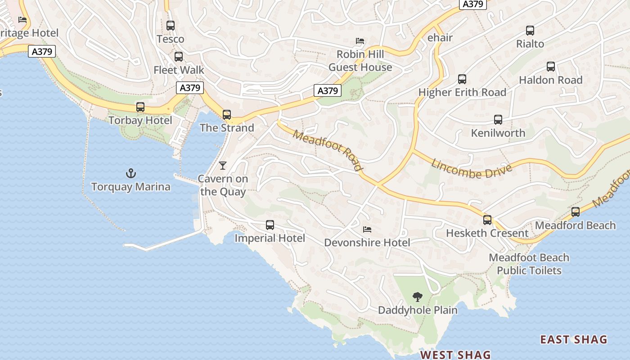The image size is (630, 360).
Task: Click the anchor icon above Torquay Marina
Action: pos(130,173)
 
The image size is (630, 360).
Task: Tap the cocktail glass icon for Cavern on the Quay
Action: pos(222,166)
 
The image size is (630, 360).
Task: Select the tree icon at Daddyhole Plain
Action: pos(418,297)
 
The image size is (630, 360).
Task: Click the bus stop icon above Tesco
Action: pos(171,26)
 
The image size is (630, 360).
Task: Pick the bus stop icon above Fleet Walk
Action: pos(179,57)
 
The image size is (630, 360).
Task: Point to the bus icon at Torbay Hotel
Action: pos(140,107)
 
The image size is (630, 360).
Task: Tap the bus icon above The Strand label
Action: pos(227,115)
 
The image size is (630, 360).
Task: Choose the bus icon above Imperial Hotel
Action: pos(270,225)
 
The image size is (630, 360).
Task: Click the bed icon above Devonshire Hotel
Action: pos(367,229)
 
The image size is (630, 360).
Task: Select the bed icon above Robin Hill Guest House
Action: pos(360,41)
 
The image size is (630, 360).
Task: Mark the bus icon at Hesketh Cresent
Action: pos(487,220)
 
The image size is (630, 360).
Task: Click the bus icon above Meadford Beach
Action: pos(576,212)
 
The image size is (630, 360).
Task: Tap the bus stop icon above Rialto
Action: pos(530,31)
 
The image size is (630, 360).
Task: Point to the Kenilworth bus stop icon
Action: pos(498,120)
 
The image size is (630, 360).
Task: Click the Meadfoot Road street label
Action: pos(327,151)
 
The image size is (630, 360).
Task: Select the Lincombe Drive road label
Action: pos(472,168)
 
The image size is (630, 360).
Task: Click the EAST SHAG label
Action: pos(574,339)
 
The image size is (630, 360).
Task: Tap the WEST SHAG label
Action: pos(455,355)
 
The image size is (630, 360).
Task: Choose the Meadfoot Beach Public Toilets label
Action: pos(529,264)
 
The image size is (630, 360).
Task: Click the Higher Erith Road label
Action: pos(462,92)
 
